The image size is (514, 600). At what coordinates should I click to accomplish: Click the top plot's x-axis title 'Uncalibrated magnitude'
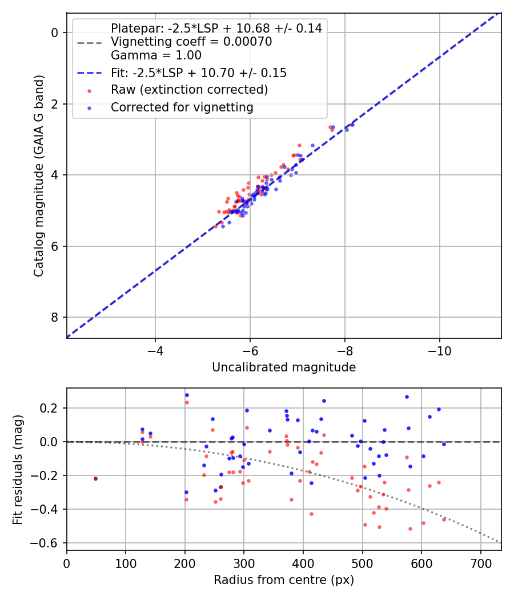pos(284,367)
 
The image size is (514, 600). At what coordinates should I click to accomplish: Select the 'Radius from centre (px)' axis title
pos(284,580)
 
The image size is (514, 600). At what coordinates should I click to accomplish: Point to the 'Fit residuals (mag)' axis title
pos(18,469)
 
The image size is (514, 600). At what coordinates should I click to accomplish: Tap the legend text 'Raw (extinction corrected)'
pos(189,90)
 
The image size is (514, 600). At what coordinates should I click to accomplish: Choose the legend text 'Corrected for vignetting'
pos(182,107)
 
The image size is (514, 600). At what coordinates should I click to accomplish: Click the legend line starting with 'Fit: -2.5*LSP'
pos(198,73)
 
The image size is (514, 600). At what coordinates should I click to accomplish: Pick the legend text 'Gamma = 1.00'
pos(156,55)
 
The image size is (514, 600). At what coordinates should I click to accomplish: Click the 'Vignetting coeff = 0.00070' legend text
pos(191,42)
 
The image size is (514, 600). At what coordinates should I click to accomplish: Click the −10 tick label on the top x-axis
pos(439,349)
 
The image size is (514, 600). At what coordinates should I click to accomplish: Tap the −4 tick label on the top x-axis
pos(155,349)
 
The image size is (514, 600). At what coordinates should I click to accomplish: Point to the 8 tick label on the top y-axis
pos(55,317)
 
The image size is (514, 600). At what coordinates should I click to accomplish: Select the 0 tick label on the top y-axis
pos(55,33)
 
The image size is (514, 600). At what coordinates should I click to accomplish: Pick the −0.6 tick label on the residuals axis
pos(46,543)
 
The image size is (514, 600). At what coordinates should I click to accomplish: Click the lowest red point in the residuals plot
pos(410,529)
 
